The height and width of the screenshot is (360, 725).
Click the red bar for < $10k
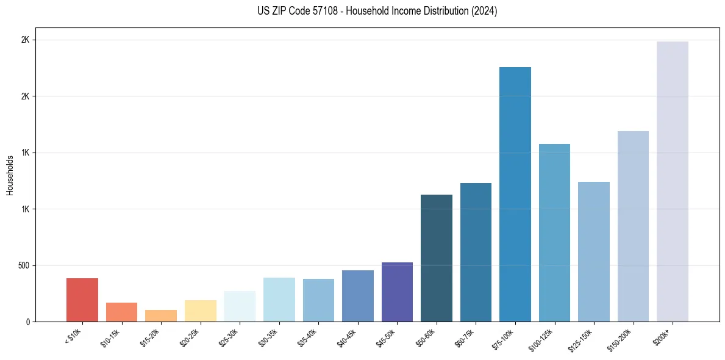(82, 300)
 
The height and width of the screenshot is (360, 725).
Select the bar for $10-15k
(121, 312)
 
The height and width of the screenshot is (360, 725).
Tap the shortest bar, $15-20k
(161, 315)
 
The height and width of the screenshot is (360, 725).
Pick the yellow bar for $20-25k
(200, 311)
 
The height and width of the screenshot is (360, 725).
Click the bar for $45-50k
(397, 292)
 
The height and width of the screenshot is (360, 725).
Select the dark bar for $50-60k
(437, 258)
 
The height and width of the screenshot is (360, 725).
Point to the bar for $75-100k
(515, 194)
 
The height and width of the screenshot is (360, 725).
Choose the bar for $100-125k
(554, 232)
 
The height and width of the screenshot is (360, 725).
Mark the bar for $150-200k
(633, 226)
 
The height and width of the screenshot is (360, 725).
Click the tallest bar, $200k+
(673, 181)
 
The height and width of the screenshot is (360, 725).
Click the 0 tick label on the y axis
(27, 322)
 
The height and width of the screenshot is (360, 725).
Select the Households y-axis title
(10, 175)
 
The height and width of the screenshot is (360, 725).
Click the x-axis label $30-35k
(269, 337)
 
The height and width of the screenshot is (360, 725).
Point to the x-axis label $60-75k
(466, 337)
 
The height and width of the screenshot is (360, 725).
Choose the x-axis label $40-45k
(348, 337)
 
